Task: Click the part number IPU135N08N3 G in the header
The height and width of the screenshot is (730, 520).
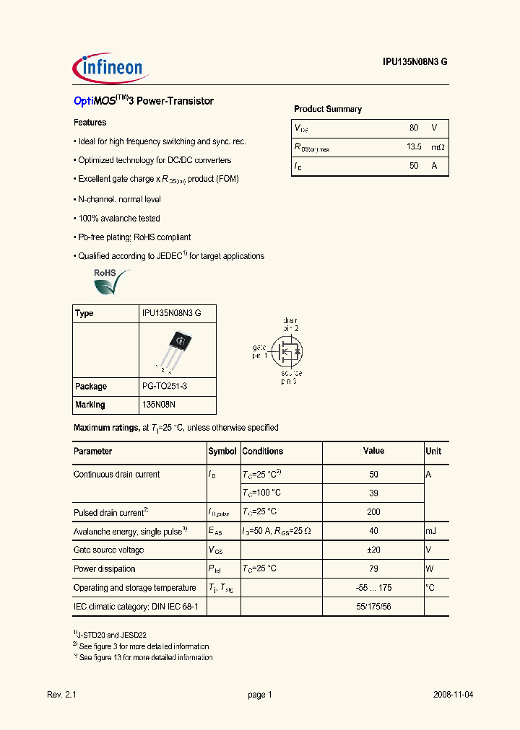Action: (x=415, y=63)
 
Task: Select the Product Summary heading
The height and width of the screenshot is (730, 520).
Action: (x=327, y=109)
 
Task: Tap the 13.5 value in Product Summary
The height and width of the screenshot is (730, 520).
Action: (x=413, y=147)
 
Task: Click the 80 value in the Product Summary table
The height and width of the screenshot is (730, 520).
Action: (x=413, y=128)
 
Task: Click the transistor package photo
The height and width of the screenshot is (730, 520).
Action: (x=177, y=349)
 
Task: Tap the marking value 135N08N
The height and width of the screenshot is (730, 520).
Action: (x=160, y=405)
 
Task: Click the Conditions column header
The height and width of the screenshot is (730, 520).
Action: (x=262, y=452)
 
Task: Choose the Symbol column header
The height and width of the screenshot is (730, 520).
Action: (x=222, y=452)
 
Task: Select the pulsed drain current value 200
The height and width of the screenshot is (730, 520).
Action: (x=373, y=512)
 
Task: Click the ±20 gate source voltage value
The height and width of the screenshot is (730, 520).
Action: (x=373, y=550)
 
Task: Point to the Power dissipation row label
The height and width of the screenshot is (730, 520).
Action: (x=104, y=569)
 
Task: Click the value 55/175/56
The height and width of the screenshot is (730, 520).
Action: (x=373, y=607)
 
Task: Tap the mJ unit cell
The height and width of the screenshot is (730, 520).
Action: (x=430, y=531)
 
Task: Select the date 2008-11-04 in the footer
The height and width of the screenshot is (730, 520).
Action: (x=453, y=695)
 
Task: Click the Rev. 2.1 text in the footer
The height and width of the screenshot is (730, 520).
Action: (x=61, y=695)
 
